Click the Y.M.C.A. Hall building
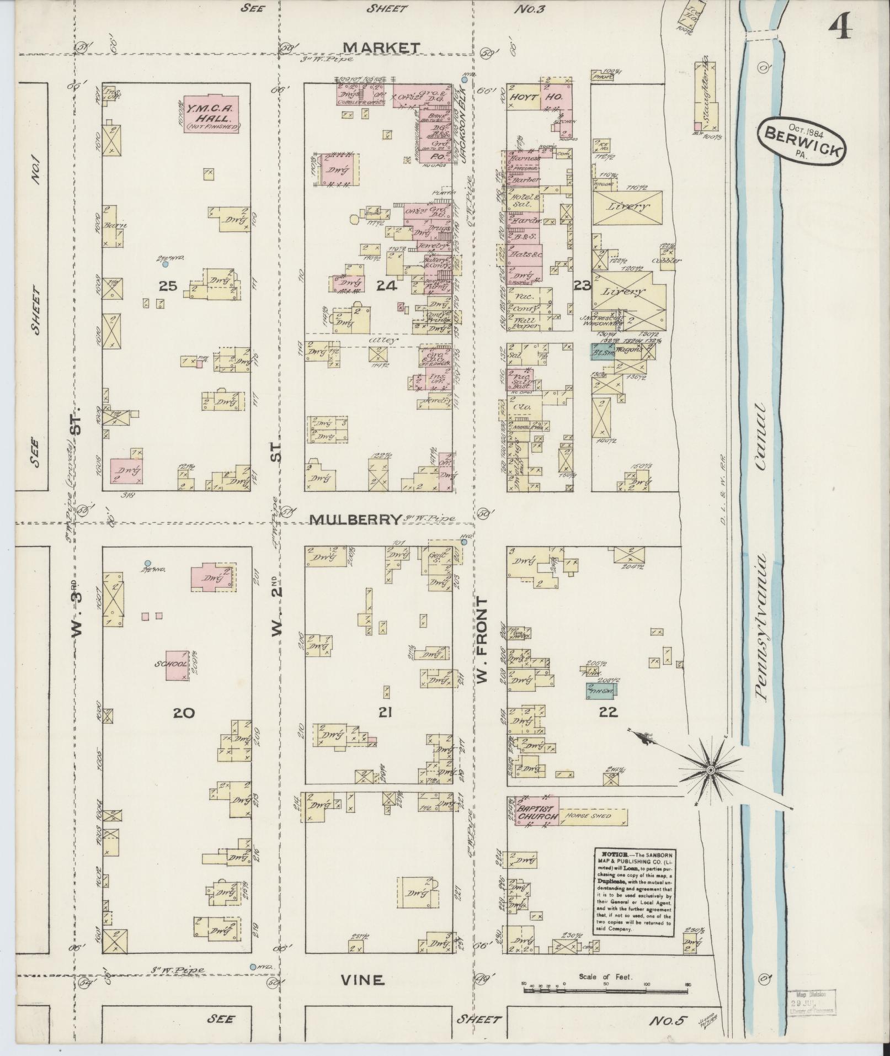click(x=212, y=115)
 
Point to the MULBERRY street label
click(x=355, y=519)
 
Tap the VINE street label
click(x=361, y=980)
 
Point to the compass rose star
click(x=711, y=770)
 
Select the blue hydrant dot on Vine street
click(x=252, y=967)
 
